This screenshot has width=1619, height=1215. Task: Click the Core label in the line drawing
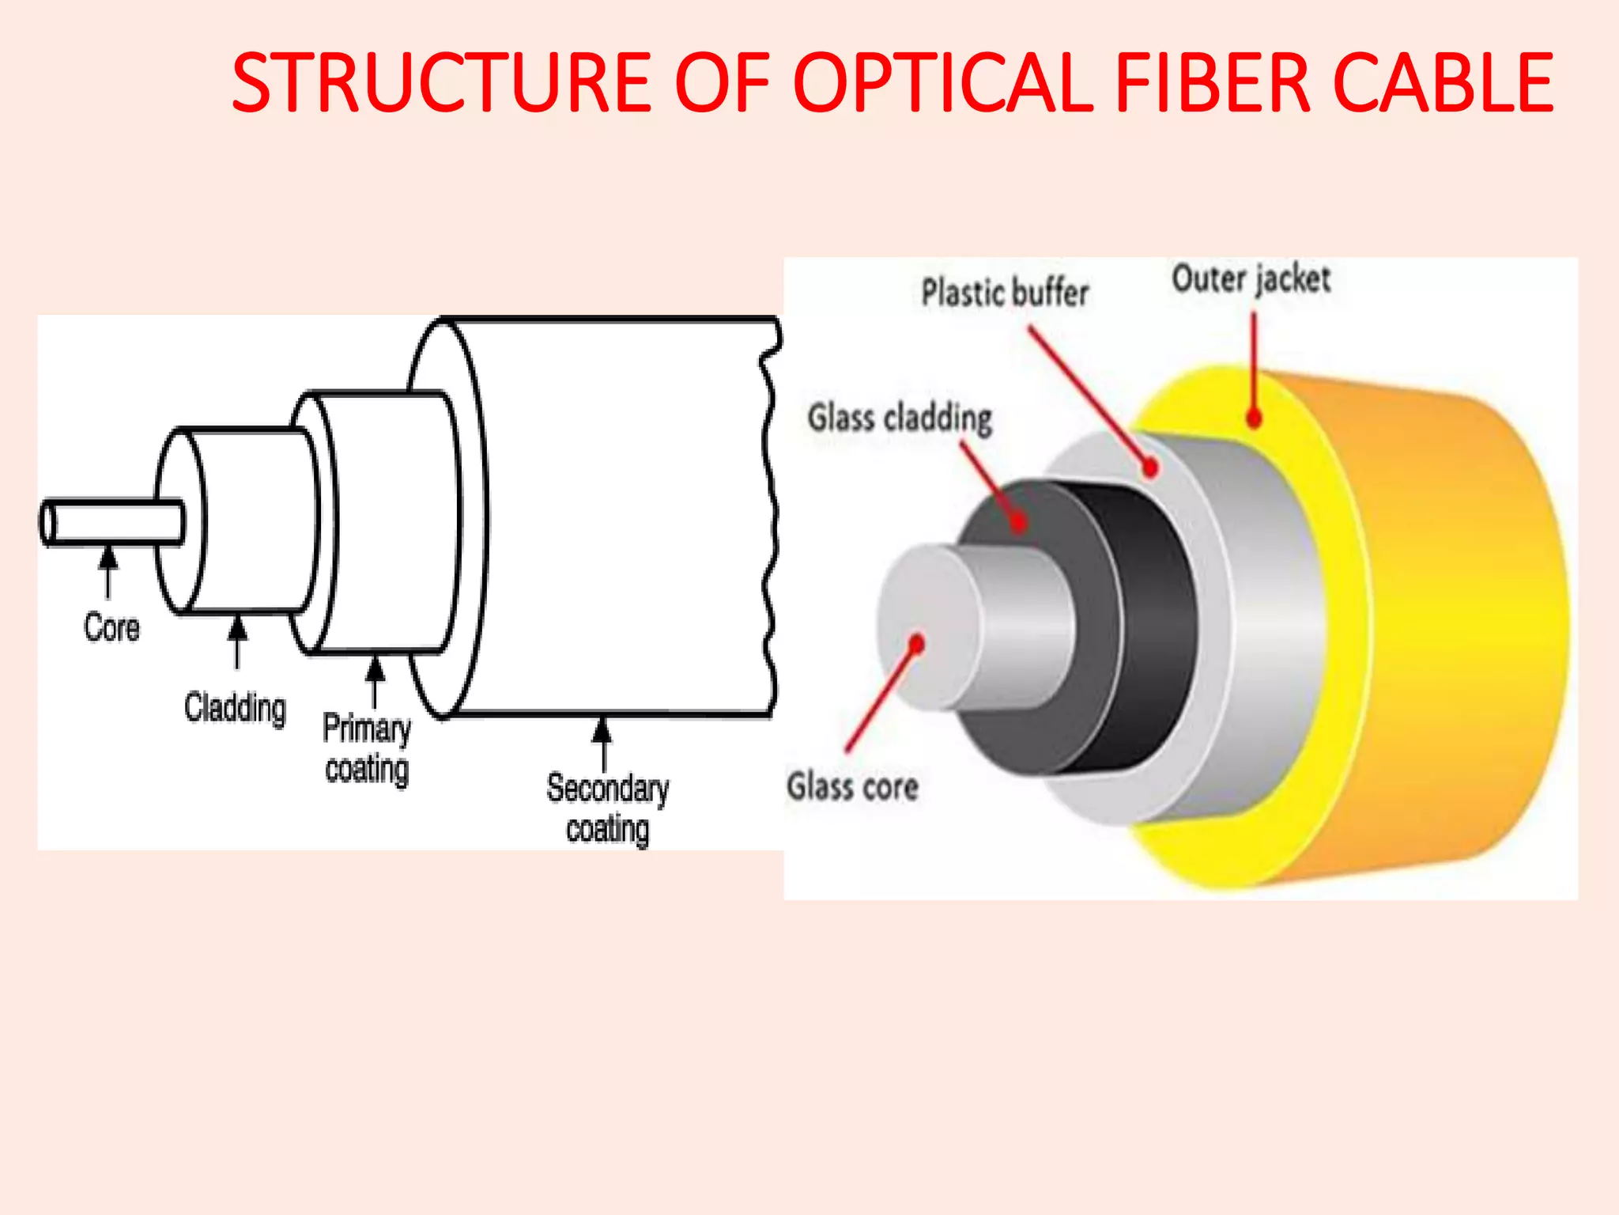[111, 628]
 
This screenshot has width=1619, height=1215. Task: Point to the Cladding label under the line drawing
[235, 708]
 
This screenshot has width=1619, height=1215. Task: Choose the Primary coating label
[367, 748]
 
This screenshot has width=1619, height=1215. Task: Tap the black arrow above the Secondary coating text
[603, 742]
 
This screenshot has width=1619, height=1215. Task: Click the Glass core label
[852, 787]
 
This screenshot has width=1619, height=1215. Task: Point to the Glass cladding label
[900, 418]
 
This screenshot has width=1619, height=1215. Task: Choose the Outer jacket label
[1251, 279]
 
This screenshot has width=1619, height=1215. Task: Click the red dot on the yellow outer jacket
[1254, 419]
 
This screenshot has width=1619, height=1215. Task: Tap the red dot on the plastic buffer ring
[1151, 468]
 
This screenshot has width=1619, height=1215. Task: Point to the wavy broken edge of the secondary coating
[769, 514]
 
